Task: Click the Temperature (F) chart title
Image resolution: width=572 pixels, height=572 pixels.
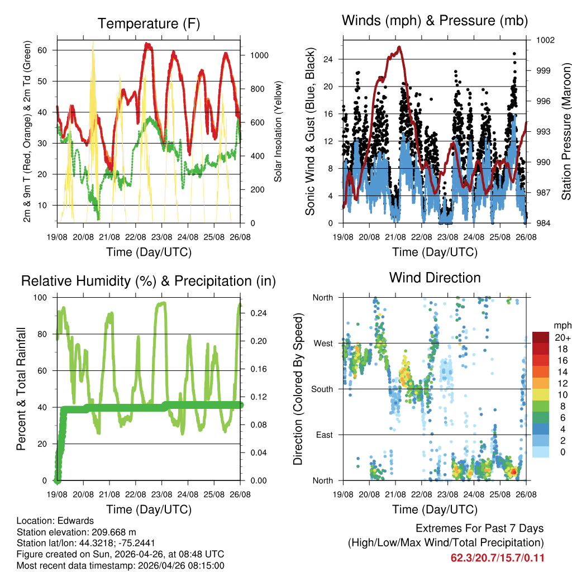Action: coord(149,23)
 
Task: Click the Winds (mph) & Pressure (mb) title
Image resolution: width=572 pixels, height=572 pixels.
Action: coord(435,21)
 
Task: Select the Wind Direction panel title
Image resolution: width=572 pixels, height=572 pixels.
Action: coord(435,277)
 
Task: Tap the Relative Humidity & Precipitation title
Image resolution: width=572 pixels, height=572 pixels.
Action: coord(149,281)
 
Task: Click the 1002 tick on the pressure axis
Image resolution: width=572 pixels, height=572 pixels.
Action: coord(545,40)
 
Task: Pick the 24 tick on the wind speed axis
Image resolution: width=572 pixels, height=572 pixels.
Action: coord(328,59)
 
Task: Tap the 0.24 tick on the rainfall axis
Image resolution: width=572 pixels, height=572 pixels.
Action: coord(255,313)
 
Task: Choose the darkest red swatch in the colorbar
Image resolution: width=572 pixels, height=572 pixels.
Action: coord(540,337)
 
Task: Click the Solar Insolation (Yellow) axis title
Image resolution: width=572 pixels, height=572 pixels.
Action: coord(278,131)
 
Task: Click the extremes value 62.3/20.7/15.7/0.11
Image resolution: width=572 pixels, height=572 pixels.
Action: coord(497,557)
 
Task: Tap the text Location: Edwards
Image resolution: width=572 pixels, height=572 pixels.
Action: coord(55,521)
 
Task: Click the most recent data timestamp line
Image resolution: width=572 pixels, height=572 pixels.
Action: coord(120,566)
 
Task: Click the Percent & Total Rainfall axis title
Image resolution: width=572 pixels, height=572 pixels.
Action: coord(22,389)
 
